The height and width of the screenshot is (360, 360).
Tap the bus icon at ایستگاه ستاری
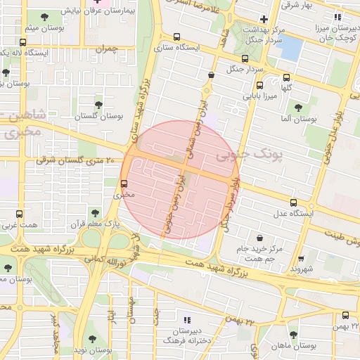click(x=175, y=38)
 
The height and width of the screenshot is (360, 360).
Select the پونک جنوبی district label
click(x=247, y=153)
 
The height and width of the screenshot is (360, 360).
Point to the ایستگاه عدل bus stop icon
click(x=302, y=202)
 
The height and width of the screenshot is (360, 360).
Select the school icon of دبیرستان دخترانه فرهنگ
click(x=187, y=318)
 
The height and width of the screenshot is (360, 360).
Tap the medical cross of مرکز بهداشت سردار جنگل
click(x=264, y=19)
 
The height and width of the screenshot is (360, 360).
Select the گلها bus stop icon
click(x=285, y=78)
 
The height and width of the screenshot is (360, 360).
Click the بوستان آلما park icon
click(x=298, y=108)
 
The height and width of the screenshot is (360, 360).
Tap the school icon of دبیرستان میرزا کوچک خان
click(x=337, y=17)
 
